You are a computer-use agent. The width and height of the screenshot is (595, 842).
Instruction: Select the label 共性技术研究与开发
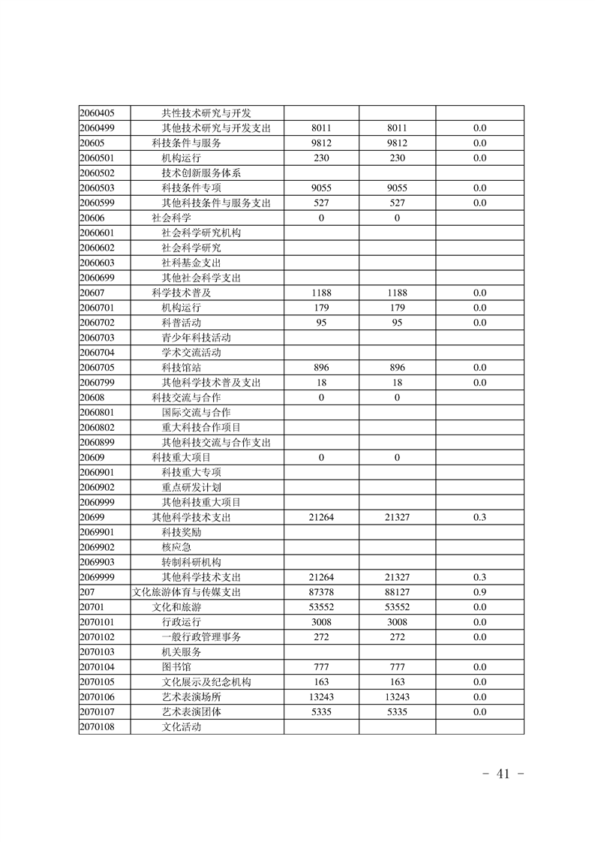click(x=206, y=113)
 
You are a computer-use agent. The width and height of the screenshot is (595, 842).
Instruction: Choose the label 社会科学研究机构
click(x=201, y=233)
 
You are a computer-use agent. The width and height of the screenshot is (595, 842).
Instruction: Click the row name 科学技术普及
click(x=181, y=293)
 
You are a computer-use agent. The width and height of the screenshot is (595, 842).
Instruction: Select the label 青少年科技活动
click(x=196, y=338)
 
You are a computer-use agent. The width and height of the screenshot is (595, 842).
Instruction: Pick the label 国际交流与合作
click(x=196, y=412)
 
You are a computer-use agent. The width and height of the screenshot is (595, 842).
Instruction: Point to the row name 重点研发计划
click(x=191, y=487)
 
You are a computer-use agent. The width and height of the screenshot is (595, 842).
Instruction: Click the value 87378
click(x=321, y=592)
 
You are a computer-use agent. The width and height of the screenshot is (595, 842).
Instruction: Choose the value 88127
click(x=397, y=592)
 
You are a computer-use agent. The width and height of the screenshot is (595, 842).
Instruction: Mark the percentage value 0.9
click(x=479, y=592)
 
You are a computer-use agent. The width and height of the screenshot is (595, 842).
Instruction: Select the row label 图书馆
click(x=176, y=667)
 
